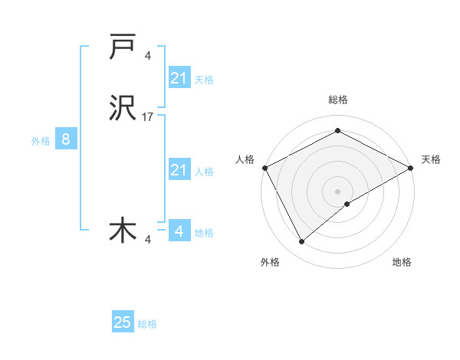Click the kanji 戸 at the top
pos(123,47)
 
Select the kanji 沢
pos(123,110)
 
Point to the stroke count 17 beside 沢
pos(148,117)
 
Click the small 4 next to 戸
pos(148,55)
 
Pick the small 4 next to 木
pos(148,240)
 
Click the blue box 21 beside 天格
pos(179,77)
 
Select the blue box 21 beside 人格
pos(179,170)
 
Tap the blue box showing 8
pos(66,139)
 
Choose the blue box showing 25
pos(123,322)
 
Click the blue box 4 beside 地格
pos(179,231)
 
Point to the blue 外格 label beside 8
pos(41,141)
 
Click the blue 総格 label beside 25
pos(147,324)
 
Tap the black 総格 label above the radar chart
pos(337,100)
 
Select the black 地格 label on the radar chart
pos(402,263)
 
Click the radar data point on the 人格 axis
pos(264,167)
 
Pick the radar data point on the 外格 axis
pos(302,242)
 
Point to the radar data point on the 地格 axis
pos(348,204)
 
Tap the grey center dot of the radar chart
pos(337,191)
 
